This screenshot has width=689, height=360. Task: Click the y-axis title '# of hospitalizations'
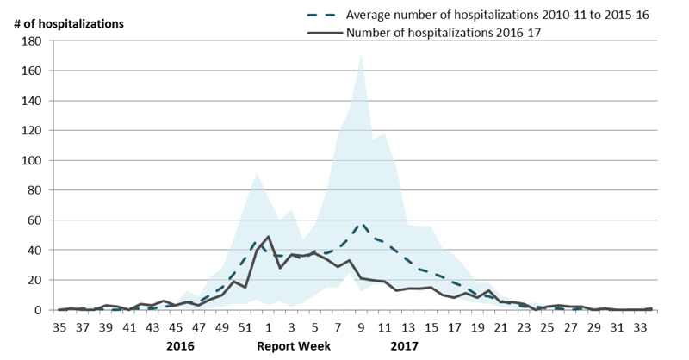click(x=68, y=22)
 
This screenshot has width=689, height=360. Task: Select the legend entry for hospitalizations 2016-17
click(x=444, y=33)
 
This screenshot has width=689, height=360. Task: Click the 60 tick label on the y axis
click(x=33, y=220)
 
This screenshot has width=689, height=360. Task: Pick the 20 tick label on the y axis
click(x=33, y=280)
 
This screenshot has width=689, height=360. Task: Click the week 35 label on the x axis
click(x=59, y=327)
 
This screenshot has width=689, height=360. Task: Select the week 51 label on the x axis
click(x=245, y=327)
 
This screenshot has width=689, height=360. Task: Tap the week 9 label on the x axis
click(x=361, y=327)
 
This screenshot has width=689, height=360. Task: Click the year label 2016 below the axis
click(x=181, y=346)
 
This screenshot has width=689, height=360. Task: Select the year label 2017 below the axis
click(x=405, y=346)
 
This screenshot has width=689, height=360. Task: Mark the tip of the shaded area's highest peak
click(x=361, y=54)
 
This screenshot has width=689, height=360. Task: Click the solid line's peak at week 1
click(x=268, y=236)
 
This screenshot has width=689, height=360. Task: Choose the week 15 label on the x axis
click(x=431, y=327)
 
